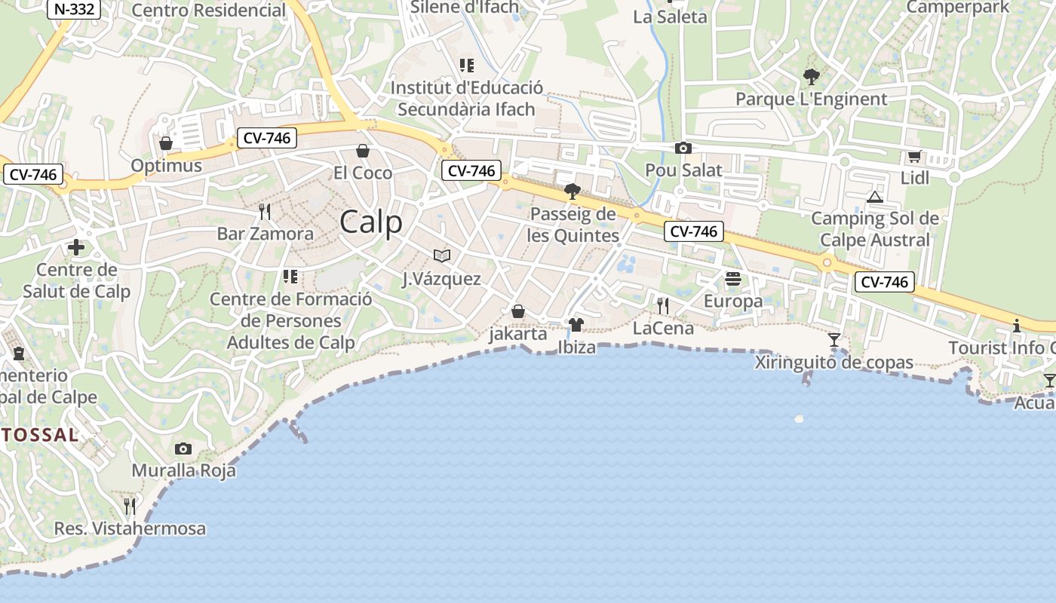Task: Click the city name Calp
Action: [x=370, y=222]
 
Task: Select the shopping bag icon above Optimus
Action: [x=166, y=143]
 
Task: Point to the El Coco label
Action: [x=363, y=173]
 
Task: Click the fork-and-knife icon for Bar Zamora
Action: [x=265, y=211]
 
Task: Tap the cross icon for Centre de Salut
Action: [x=76, y=247]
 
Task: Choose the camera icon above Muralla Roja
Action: [x=183, y=449]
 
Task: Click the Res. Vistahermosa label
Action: [x=130, y=528]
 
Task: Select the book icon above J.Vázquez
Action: [x=442, y=256]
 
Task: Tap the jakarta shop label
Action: [x=518, y=334]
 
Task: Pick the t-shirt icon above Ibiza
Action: [x=576, y=325]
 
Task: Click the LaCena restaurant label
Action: [x=663, y=328]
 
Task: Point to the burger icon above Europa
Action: [x=733, y=279]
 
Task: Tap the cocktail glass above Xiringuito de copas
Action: [x=834, y=340]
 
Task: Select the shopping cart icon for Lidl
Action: [x=915, y=156]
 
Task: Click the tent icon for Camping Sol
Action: [x=875, y=197]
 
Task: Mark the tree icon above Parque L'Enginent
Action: [x=812, y=76]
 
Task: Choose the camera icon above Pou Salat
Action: [x=683, y=148]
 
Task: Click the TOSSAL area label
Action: [x=39, y=435]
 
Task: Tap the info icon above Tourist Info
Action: [x=1017, y=326]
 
